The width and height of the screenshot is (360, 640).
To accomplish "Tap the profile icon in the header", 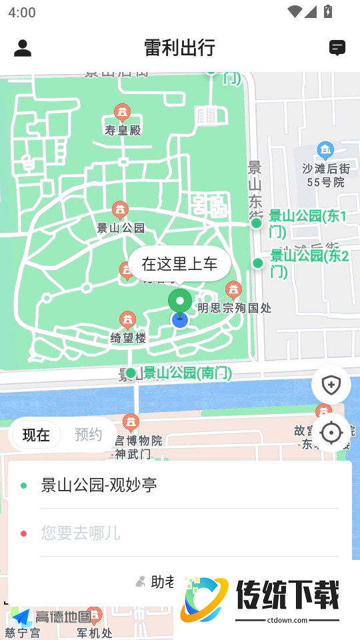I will click(x=23, y=48).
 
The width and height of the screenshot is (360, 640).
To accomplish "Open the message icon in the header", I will click(x=337, y=48).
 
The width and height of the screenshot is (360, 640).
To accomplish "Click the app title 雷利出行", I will click(x=179, y=48).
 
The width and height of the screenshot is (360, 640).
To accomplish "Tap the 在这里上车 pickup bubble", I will click(x=179, y=264).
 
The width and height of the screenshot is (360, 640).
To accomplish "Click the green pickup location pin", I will click(x=179, y=301).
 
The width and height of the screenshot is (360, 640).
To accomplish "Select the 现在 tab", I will click(x=36, y=435).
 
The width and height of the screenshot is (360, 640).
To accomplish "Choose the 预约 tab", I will click(x=88, y=435).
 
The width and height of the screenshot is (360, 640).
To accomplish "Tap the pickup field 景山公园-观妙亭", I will click(x=99, y=485).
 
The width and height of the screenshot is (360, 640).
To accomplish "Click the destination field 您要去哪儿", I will click(x=81, y=533).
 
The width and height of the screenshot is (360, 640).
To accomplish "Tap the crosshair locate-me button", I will click(x=331, y=433).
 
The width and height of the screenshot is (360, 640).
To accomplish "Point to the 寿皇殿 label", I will click(x=123, y=130).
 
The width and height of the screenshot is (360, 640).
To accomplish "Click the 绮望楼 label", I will click(x=128, y=338).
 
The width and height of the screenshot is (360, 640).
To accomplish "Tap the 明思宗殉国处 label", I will click(x=234, y=308).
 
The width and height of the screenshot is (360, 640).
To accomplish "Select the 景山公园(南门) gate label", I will click(x=187, y=373).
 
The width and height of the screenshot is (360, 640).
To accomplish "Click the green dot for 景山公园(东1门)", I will click(x=257, y=223).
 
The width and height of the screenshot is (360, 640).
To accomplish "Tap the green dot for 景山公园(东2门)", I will click(x=258, y=263).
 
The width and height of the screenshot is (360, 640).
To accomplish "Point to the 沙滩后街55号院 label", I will click(x=325, y=175).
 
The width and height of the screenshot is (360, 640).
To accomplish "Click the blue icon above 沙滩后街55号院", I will click(x=325, y=149).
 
